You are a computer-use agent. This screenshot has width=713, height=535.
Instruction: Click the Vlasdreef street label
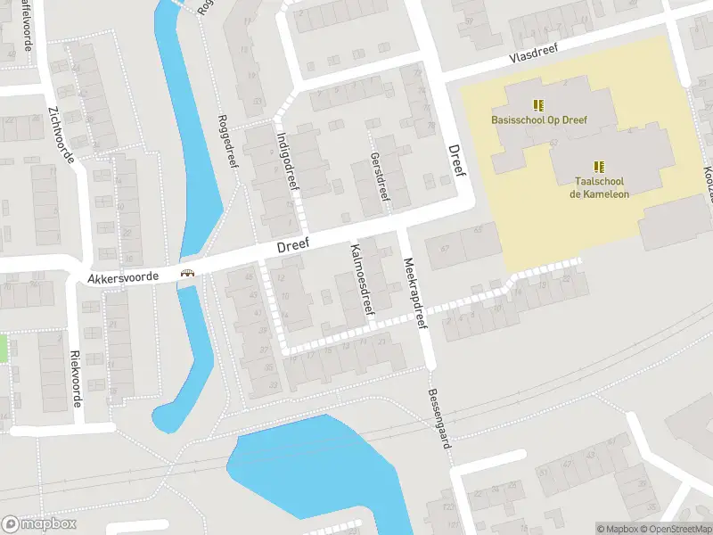point(533,54)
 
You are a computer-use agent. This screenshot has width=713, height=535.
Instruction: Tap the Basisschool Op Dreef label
point(537,119)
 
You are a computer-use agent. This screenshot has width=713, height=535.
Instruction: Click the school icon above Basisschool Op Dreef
point(537,104)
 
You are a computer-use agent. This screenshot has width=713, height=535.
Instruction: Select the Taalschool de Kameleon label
point(599,187)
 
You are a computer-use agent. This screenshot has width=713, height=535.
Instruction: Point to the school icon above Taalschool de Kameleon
point(599,166)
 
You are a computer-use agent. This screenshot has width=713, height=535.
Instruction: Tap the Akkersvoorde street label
point(123,278)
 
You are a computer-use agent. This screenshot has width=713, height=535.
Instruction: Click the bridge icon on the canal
point(188,274)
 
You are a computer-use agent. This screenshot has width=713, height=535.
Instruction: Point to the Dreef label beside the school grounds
point(456,160)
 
